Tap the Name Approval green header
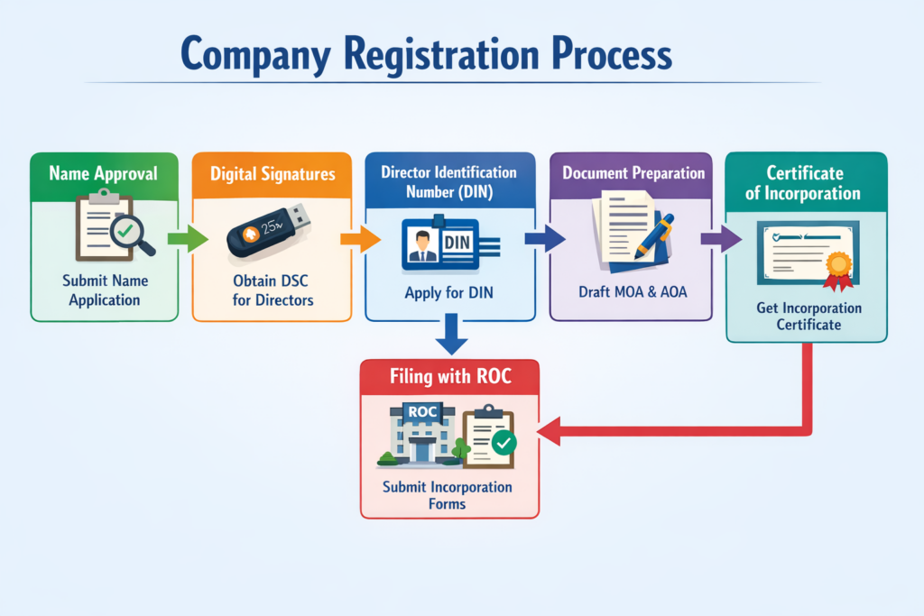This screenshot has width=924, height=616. tap(103, 173)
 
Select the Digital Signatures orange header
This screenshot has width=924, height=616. tap(272, 173)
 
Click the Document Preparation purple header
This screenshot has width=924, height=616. tap(633, 172)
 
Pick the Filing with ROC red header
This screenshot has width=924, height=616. tap(449, 376)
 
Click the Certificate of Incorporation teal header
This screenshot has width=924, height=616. tap(805, 182)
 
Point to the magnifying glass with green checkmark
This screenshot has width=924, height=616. tap(130, 232)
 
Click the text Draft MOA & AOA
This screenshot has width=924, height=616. tap(631, 293)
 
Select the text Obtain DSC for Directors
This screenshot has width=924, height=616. tap(273, 290)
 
